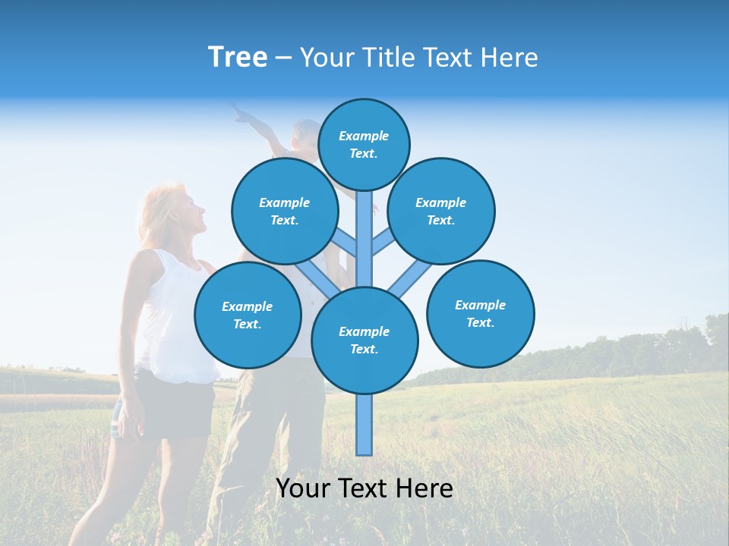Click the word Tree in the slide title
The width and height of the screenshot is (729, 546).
[238, 58]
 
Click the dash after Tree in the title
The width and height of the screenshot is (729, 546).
[283, 58]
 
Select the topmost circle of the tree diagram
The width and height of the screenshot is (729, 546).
[364, 144]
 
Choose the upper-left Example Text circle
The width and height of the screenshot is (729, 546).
[284, 211]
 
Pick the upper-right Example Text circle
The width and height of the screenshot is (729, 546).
[441, 211]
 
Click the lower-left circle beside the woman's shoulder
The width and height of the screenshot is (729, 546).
[248, 315]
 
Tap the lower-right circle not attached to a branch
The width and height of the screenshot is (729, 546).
[481, 313]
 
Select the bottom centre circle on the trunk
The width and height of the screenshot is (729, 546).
[364, 340]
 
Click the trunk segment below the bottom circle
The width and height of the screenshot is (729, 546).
[364, 425]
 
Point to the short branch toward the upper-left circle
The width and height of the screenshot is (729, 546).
[346, 243]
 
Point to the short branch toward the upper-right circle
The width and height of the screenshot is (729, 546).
[383, 243]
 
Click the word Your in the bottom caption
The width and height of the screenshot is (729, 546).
[303, 488]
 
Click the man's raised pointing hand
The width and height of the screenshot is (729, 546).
[241, 113]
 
